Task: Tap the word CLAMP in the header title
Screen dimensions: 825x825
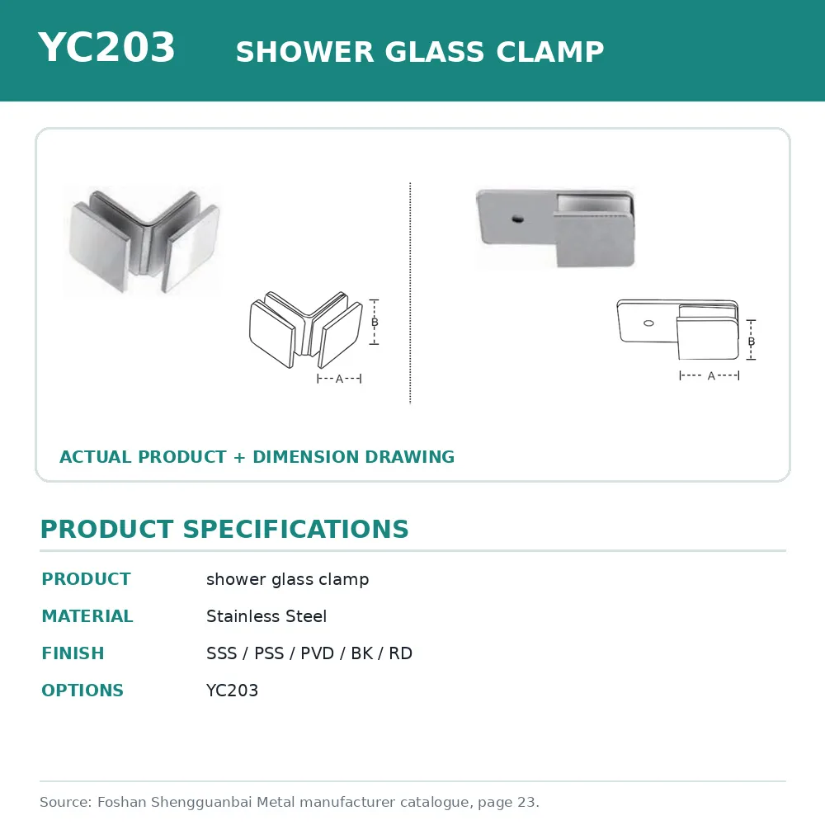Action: tap(549, 51)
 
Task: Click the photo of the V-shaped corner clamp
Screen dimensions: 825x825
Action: tap(143, 240)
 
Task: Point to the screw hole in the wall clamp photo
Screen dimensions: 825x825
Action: tap(518, 218)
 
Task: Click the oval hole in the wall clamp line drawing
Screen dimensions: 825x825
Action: tap(648, 323)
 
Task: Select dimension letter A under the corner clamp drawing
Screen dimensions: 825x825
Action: tap(339, 379)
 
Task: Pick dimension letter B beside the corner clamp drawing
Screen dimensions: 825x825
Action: tap(375, 322)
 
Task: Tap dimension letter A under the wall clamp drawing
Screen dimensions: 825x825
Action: tap(711, 375)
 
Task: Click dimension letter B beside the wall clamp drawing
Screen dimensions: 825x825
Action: tap(752, 342)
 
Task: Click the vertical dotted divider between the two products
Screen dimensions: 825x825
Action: tap(410, 293)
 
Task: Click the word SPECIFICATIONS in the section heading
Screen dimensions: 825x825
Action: tap(295, 529)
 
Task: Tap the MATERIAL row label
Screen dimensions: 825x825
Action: tap(87, 616)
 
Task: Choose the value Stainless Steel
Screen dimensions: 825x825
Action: tap(266, 616)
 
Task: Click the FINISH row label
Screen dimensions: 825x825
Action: tap(73, 653)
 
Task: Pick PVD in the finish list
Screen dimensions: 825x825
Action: tap(317, 653)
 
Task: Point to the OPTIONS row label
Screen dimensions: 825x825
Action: tap(82, 691)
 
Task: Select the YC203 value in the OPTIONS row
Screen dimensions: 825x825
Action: tap(232, 691)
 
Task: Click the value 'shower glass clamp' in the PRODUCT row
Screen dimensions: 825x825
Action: tap(287, 579)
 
